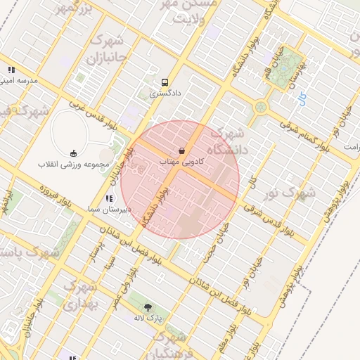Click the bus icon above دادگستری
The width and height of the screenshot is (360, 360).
pos(165,81)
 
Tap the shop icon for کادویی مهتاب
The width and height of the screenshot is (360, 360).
pos(182,150)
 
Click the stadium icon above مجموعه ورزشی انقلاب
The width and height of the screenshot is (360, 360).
pos(74,153)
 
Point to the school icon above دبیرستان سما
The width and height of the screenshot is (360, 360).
pos(108,199)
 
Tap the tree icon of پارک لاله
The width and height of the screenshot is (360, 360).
pos(148,307)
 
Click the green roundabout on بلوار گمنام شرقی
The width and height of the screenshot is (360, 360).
pos(262,107)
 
